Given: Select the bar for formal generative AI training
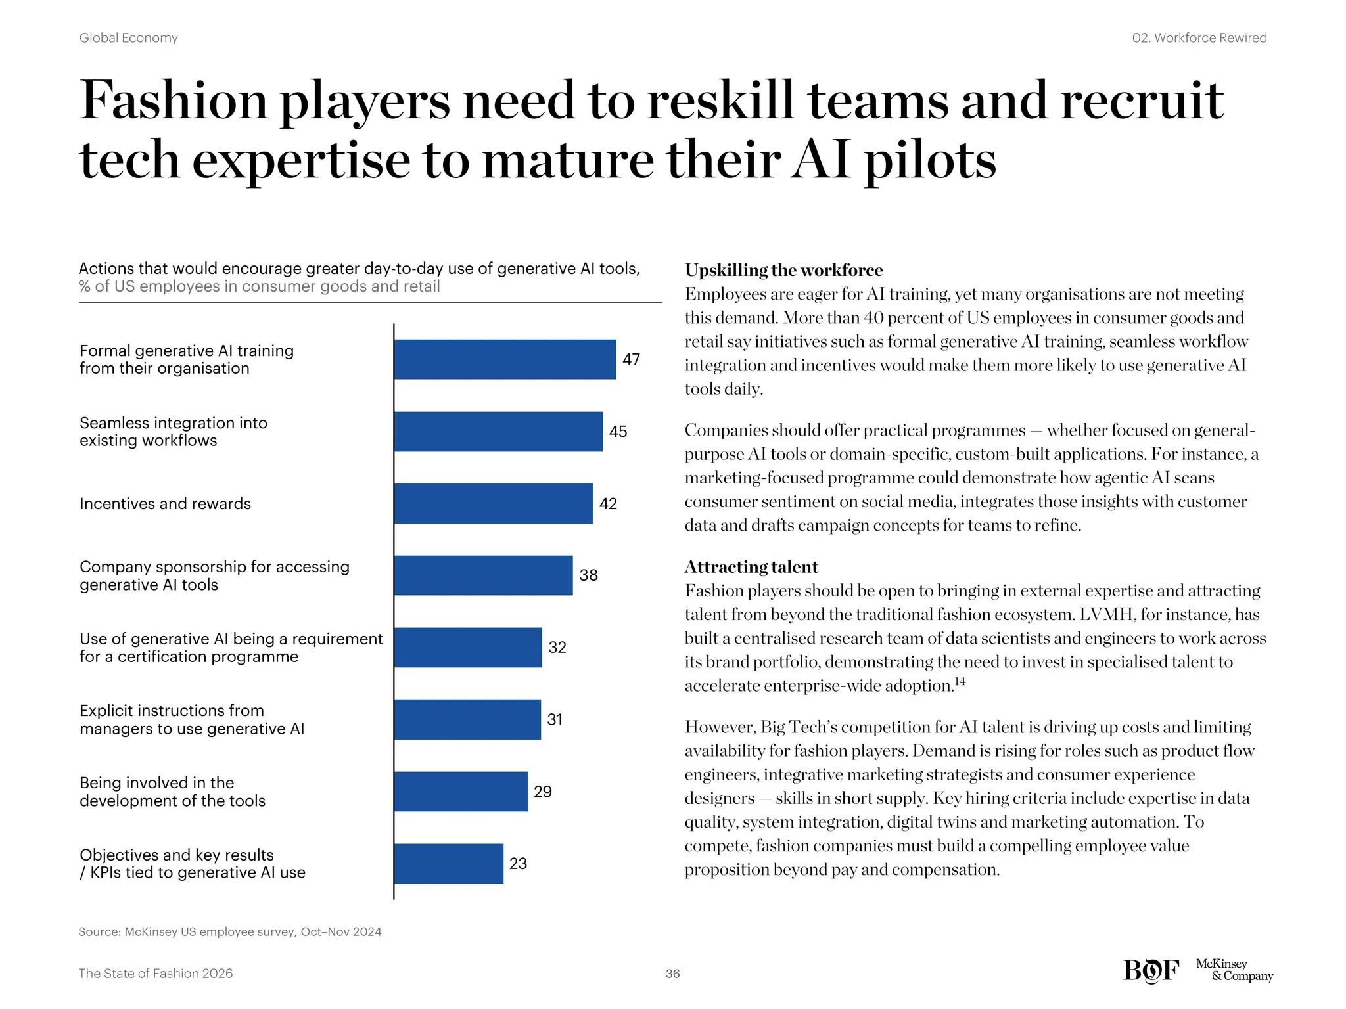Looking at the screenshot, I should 505,359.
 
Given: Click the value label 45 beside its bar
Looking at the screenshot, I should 618,432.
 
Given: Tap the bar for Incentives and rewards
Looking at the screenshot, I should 493,504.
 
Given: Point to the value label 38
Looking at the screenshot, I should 588,575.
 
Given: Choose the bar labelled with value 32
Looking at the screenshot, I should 468,648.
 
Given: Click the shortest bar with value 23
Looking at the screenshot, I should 449,864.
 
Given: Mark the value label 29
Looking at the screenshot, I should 542,792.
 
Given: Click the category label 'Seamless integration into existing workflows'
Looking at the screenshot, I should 174,432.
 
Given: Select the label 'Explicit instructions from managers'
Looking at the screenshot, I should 192,720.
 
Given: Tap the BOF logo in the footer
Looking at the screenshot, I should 1151,970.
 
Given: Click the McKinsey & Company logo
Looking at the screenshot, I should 1234,970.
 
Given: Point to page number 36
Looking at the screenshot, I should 672,974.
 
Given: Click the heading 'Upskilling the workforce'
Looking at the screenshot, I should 783,270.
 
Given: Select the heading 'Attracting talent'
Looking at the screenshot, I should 751,567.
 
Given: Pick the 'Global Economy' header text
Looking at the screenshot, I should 129,38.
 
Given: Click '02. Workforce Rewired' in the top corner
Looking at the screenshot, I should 1199,38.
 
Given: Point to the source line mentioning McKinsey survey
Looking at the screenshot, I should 230,931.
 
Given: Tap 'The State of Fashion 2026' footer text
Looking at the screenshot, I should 156,974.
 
